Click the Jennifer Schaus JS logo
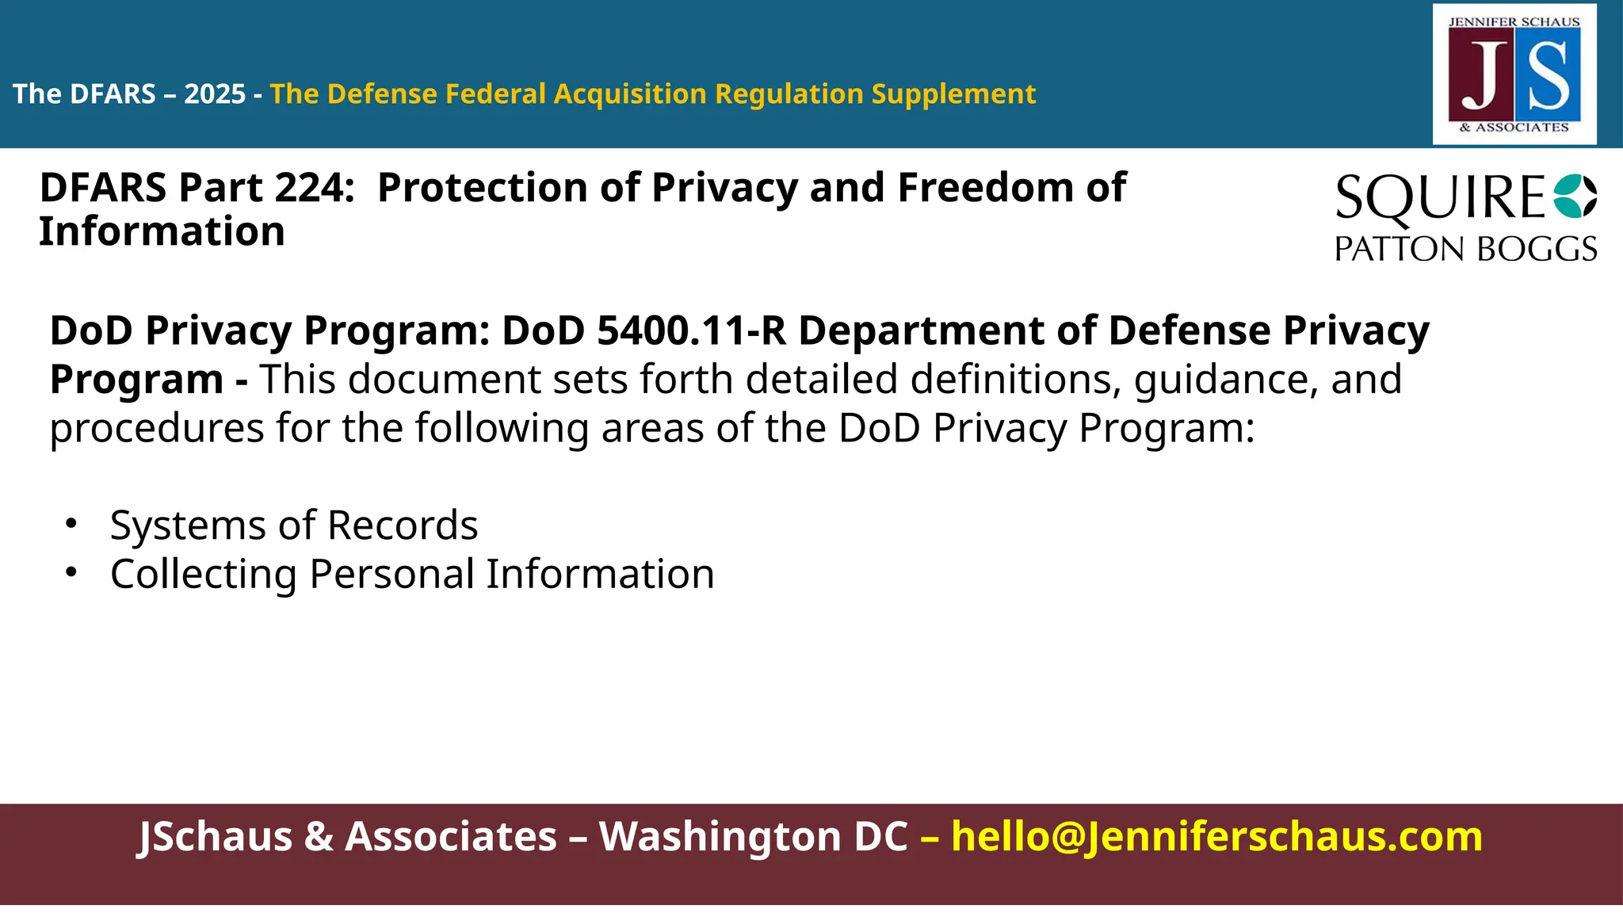coord(1514,74)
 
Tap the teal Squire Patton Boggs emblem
coord(1575,196)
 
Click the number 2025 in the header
coord(215,94)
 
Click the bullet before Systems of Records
coord(71,524)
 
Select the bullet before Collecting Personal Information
coord(71,572)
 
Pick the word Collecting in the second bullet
coord(203,575)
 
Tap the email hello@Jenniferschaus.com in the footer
coord(1216,836)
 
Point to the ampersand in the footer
coord(319,836)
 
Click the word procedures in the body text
coord(156,429)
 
